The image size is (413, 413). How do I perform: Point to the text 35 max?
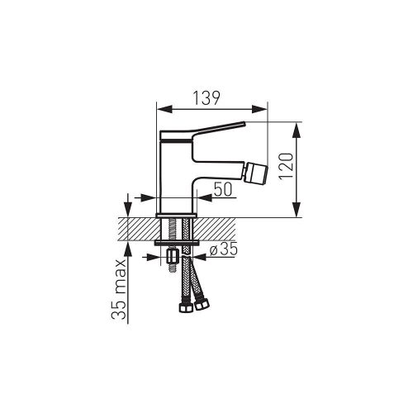120,288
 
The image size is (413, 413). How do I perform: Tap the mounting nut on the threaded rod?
172,257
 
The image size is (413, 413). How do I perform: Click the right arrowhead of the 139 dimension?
265,107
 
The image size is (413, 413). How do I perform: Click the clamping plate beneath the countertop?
175,243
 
